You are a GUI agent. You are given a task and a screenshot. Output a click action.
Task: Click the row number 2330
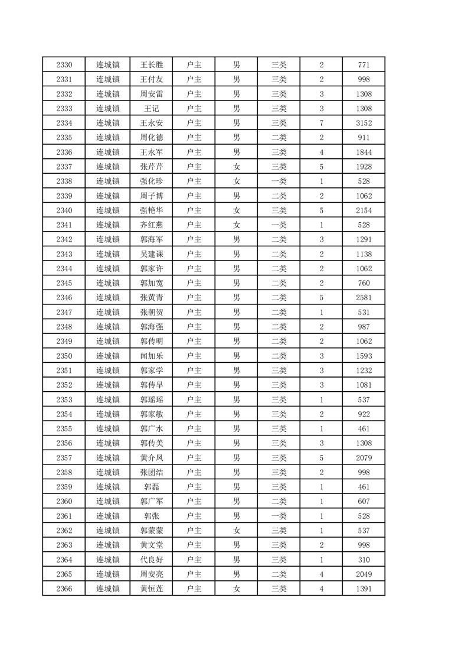click(64, 65)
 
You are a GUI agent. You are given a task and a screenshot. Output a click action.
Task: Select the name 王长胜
click(151, 65)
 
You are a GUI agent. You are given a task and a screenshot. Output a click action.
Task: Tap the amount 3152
click(364, 123)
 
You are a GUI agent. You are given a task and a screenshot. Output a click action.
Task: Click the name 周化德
click(151, 138)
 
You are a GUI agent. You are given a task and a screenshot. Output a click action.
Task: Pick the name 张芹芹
click(151, 167)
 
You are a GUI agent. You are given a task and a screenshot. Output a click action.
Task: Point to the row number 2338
click(64, 181)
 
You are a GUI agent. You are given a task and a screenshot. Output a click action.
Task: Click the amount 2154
click(364, 210)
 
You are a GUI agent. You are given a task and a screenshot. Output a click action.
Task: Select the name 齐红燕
click(151, 225)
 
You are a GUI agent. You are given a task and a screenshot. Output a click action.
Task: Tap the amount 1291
click(364, 239)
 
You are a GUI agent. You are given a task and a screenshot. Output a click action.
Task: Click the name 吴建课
click(151, 254)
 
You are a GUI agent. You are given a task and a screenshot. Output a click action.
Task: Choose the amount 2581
click(364, 298)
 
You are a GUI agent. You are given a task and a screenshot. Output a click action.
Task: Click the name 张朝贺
click(151, 312)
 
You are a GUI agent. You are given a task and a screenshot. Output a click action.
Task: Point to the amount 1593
click(364, 356)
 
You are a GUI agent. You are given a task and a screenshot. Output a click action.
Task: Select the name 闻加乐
click(151, 356)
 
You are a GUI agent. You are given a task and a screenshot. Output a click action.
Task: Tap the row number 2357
click(64, 458)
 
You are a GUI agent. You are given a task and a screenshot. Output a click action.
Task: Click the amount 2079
click(364, 458)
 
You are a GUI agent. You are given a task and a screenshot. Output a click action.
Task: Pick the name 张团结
click(151, 472)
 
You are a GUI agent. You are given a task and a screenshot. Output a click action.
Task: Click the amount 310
click(364, 560)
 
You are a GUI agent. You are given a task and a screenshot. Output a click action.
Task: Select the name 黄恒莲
click(151, 589)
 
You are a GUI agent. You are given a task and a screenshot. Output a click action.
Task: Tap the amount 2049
click(364, 574)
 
